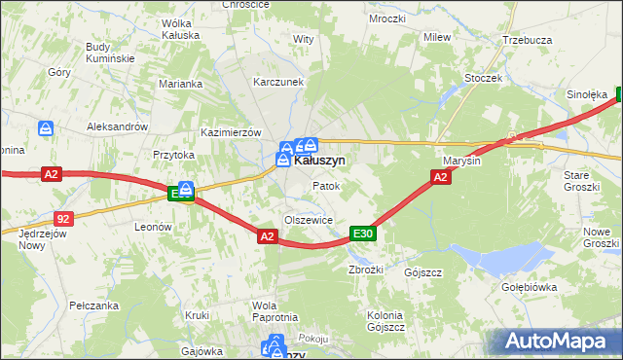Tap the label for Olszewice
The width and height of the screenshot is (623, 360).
point(309,220)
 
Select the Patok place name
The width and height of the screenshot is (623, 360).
point(325,185)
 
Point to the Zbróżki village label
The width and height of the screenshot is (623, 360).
point(367,270)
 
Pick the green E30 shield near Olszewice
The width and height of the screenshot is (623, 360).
point(363,234)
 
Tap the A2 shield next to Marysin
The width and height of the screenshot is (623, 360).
point(440,176)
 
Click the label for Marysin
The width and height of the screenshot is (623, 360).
point(461,161)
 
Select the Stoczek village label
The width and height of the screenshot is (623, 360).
point(483,77)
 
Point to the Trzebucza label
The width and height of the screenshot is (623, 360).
point(528,40)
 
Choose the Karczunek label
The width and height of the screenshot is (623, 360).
point(279,83)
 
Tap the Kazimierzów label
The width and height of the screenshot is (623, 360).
point(232,131)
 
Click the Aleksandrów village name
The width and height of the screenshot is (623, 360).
point(117,126)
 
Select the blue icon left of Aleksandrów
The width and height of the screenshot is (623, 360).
point(46,127)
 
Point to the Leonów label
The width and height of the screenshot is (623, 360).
point(153,227)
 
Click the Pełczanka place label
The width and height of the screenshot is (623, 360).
point(94,306)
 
